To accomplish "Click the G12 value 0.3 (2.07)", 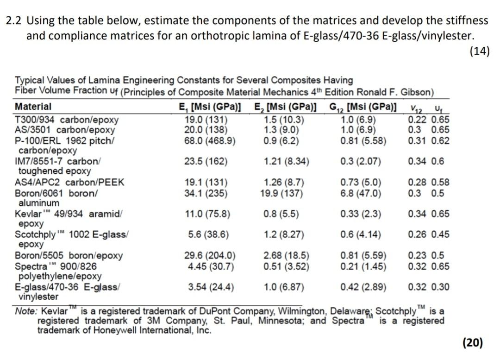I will tap(360, 162).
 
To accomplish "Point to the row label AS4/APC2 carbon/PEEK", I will tap(69, 182).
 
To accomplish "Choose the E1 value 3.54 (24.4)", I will tap(211, 287).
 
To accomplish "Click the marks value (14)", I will tap(480, 51).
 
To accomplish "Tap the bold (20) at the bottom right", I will tap(473, 342).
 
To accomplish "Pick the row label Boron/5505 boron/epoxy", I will tap(69, 255).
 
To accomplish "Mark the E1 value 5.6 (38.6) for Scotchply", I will tap(208, 234).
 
